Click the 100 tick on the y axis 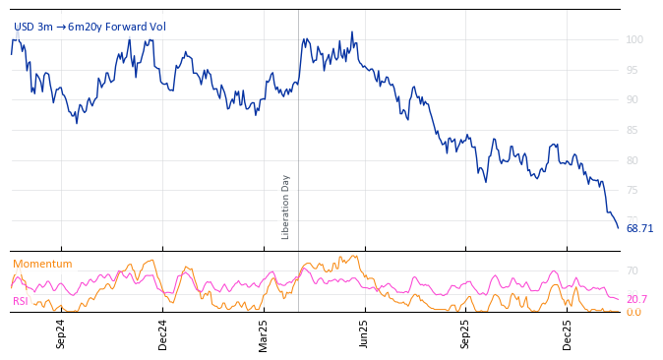(x=634, y=40)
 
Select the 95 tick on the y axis (x=634, y=71)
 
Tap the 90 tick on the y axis (x=634, y=100)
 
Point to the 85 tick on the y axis (x=634, y=131)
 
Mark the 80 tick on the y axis (x=634, y=160)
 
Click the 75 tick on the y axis (x=634, y=191)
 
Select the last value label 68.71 (x=639, y=228)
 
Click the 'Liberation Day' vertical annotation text (x=286, y=207)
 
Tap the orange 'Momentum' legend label (x=42, y=264)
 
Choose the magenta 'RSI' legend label (x=21, y=301)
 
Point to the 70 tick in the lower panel (x=633, y=270)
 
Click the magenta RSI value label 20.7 (x=636, y=299)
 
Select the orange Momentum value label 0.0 (x=633, y=312)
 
